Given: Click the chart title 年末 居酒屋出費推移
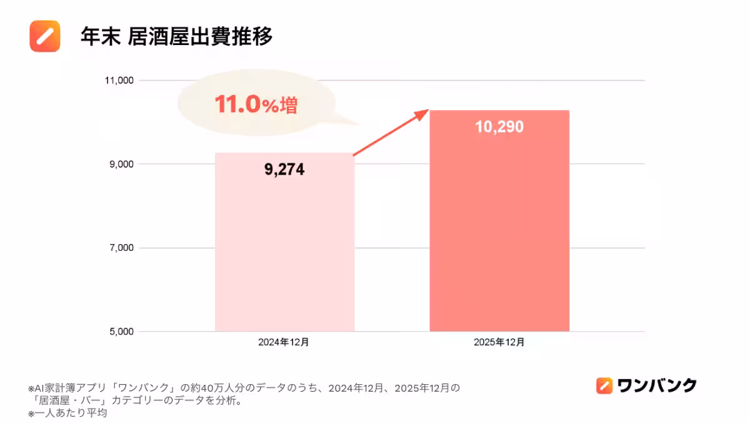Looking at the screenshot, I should (x=177, y=37).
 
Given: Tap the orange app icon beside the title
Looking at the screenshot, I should (x=45, y=36).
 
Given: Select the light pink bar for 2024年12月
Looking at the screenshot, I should (x=284, y=250).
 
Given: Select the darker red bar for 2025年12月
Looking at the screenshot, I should (x=499, y=238).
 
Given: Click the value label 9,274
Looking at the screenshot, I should (x=284, y=170).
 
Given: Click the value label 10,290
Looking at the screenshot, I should (x=499, y=127).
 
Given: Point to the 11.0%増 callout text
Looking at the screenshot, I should (x=256, y=104).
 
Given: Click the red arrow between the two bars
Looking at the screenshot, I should (x=391, y=133).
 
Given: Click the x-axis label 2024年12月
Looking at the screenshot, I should (x=284, y=342).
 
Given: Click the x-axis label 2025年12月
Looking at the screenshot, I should (x=499, y=342).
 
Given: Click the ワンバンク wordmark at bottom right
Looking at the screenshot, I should (x=656, y=385).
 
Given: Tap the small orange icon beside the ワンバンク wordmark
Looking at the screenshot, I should (x=604, y=385).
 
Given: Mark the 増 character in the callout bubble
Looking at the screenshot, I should (x=288, y=105).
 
